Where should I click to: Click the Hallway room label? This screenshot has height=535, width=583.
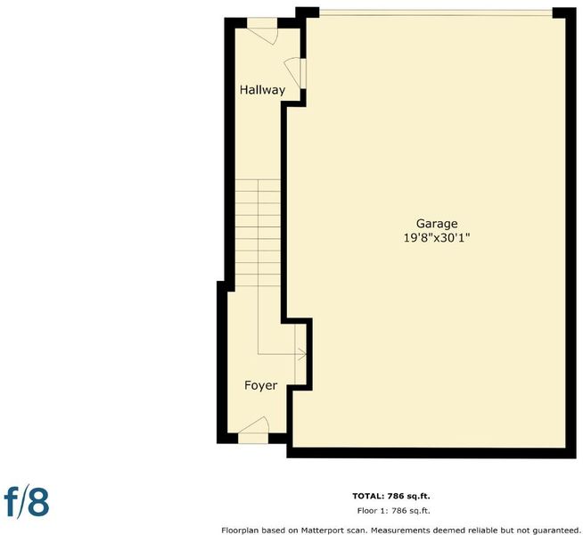(x=262, y=90)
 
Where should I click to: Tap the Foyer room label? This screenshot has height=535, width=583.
(x=260, y=385)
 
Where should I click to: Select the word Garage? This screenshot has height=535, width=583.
(x=437, y=224)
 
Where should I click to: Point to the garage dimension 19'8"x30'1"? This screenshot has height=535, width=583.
(x=437, y=237)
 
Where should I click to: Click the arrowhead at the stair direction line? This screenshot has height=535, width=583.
(x=302, y=354)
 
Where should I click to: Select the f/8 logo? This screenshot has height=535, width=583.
(x=27, y=502)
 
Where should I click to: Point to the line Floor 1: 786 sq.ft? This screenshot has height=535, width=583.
(x=393, y=511)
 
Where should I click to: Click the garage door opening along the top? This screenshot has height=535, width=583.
(x=436, y=13)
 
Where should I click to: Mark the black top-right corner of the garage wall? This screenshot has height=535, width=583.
(x=564, y=12)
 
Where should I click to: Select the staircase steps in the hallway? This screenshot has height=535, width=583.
(x=258, y=233)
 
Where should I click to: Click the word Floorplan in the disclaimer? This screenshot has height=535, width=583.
(x=238, y=531)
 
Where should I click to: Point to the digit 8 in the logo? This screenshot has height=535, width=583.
(x=38, y=503)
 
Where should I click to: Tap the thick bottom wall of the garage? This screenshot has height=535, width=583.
(x=431, y=453)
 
